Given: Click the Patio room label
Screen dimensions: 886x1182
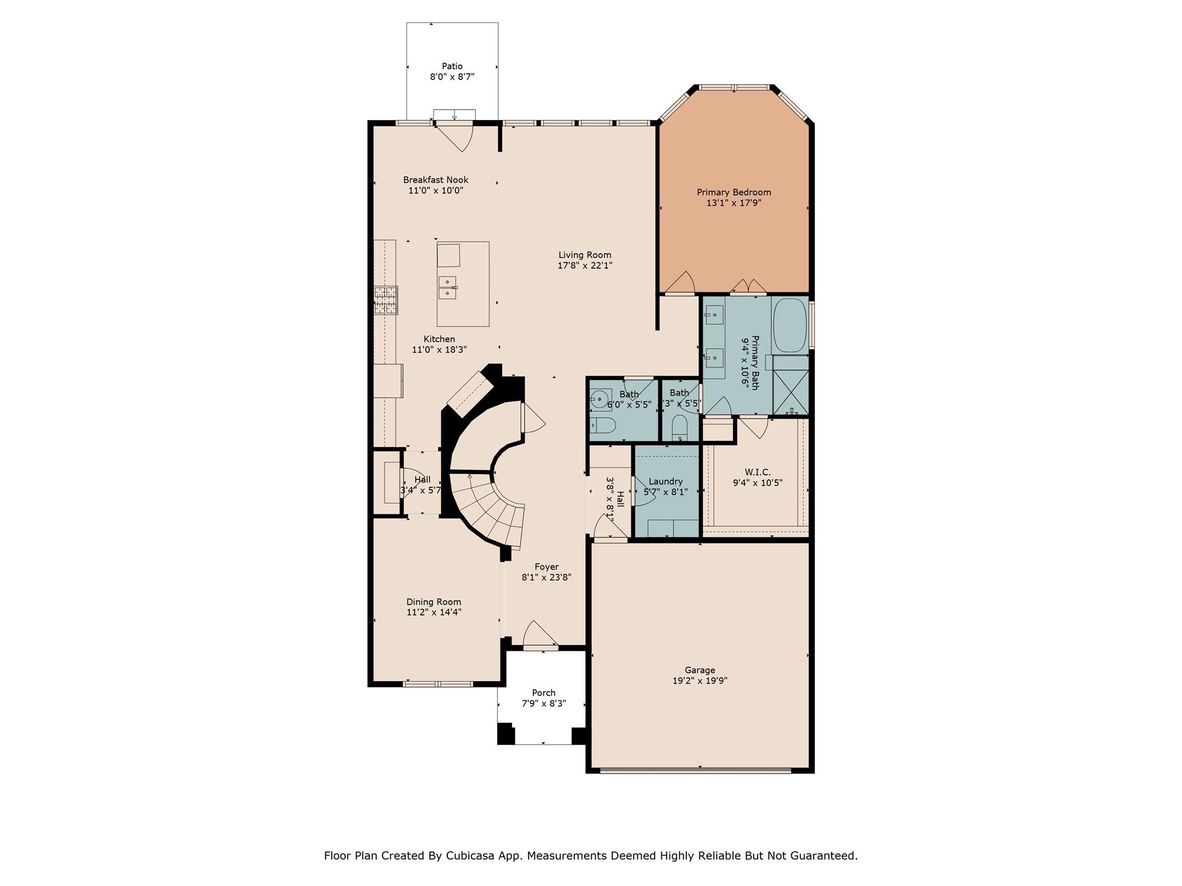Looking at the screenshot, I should (x=452, y=66).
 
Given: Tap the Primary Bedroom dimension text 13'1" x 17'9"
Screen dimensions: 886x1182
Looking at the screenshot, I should (x=734, y=203).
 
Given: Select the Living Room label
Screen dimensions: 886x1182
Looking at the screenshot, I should (x=585, y=255).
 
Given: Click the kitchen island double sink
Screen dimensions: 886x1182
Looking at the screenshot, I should (x=447, y=287).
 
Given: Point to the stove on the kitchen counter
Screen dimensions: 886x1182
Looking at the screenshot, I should (x=386, y=300).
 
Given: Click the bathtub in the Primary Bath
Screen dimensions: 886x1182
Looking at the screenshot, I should (x=790, y=325).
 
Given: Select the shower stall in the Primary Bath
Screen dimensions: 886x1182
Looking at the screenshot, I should (x=791, y=385).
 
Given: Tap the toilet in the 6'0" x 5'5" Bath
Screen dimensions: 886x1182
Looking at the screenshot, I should (x=604, y=426).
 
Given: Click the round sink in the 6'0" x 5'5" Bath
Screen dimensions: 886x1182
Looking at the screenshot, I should (x=600, y=399).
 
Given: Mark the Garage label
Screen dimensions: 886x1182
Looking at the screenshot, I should (x=700, y=670).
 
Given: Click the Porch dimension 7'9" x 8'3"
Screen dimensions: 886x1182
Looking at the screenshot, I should (x=544, y=704).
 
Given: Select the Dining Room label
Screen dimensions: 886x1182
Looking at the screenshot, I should (x=433, y=602).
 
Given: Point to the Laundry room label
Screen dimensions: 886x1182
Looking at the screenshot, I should (x=665, y=482).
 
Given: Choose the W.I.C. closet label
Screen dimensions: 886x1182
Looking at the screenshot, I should (x=757, y=472).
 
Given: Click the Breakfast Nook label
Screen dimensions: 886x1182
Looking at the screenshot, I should (x=436, y=180).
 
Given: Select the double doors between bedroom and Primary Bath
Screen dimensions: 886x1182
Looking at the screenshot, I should (x=749, y=287).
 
